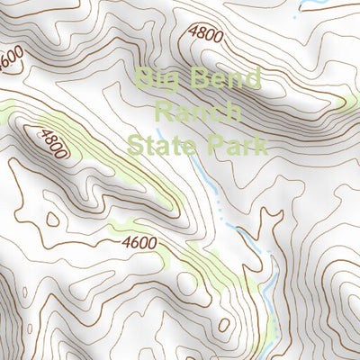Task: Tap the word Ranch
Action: [198, 112]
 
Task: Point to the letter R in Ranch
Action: [164, 112]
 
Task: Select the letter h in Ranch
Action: [234, 112]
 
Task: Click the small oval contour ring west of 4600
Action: [52, 218]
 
